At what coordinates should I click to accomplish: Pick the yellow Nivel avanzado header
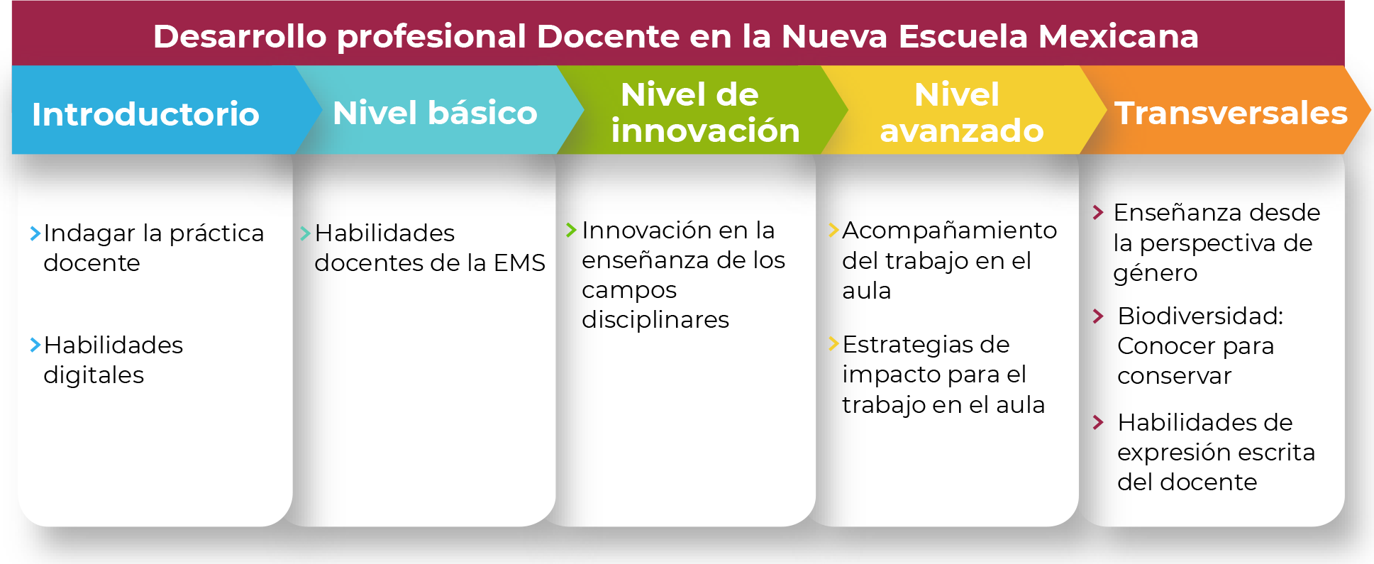(x=961, y=110)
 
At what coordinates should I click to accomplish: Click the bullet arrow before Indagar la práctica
(x=35, y=233)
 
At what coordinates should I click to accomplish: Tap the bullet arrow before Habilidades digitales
(x=35, y=345)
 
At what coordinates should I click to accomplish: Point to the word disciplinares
(x=655, y=320)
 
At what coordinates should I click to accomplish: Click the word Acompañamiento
(x=950, y=231)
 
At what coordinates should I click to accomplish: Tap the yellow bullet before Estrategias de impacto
(x=834, y=344)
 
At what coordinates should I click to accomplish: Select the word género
(x=1156, y=274)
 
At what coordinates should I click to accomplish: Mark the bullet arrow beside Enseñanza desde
(x=1098, y=212)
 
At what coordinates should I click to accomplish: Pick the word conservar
(x=1175, y=376)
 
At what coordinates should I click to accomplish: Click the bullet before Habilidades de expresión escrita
(x=1098, y=423)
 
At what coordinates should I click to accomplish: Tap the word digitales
(x=94, y=375)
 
